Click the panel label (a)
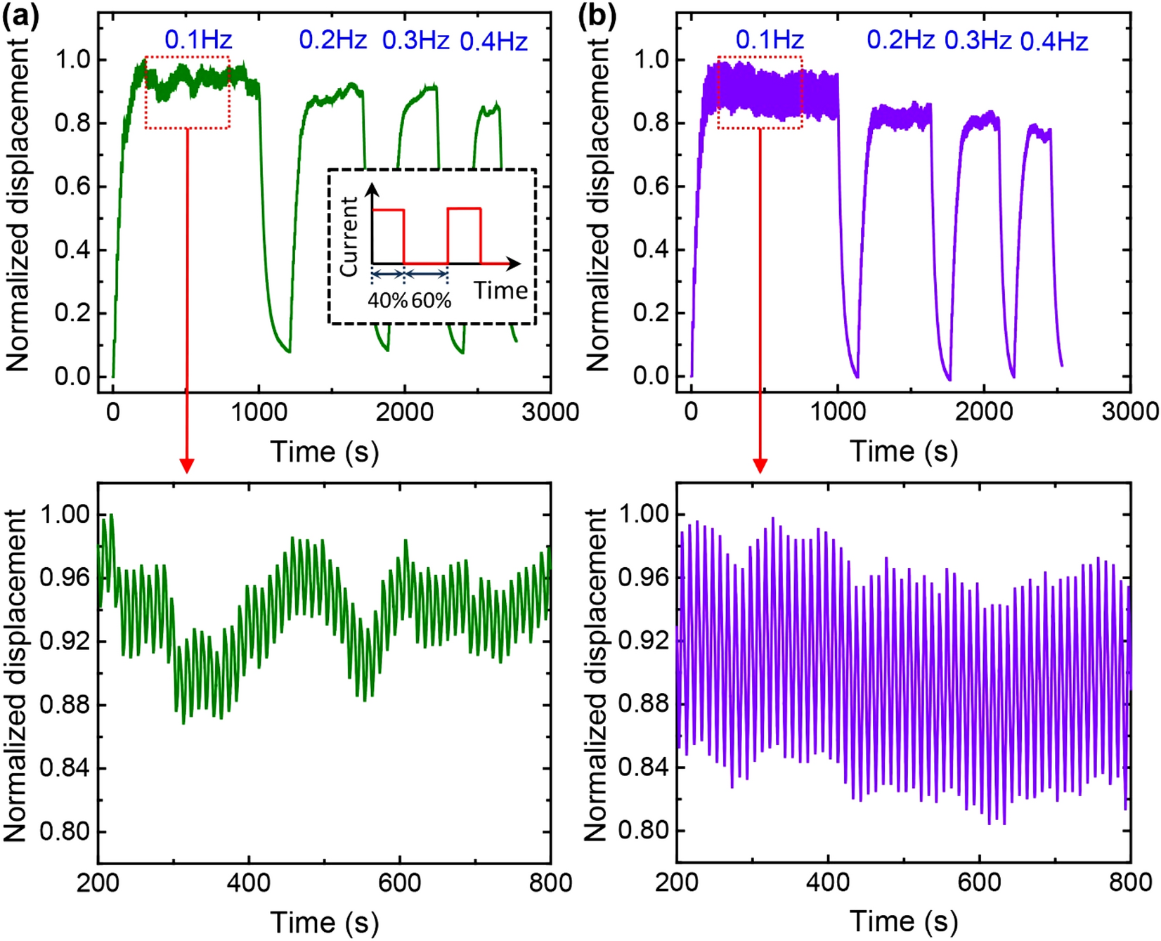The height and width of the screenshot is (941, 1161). pos(20,15)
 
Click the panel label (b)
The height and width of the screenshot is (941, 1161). pos(597,15)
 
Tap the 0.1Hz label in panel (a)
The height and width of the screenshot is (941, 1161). pos(198,40)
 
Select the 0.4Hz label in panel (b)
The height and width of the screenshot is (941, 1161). pos(1053,42)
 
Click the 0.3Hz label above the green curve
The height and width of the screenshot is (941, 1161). pos(415,41)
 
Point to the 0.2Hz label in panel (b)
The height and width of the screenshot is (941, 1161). pos(900,40)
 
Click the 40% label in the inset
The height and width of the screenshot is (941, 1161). pos(387,301)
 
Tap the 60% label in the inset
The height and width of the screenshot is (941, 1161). pos(431,301)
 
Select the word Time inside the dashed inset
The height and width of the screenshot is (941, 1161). pos(500,290)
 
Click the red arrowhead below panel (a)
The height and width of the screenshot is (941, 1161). pos(186,465)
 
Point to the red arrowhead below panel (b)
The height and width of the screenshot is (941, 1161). pos(760,465)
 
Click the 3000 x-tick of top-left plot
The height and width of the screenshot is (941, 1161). pos(550,413)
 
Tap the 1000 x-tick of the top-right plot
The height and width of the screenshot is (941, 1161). pos(837,413)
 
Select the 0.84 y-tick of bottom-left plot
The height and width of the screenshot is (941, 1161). pos(65,768)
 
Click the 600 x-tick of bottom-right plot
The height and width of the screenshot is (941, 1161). pos(979,883)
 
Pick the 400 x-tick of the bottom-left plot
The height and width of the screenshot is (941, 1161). pos(249,883)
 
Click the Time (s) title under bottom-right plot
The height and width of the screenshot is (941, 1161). pos(904,921)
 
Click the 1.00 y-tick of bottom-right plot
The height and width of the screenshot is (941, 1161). pos(643,514)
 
